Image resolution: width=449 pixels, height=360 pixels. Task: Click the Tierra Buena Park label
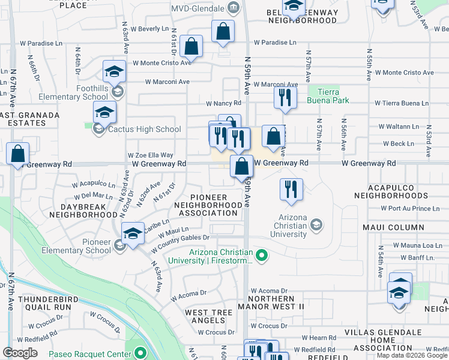point(324,96)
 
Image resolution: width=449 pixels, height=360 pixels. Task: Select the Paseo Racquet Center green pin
point(140,352)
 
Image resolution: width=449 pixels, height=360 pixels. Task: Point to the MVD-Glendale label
point(197,9)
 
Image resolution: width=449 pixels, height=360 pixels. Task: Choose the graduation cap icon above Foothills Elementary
point(114,71)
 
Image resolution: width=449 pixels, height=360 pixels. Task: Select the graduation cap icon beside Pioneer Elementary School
point(133,233)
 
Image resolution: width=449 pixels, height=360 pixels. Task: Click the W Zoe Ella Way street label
point(151,155)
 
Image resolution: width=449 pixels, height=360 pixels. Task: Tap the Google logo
point(20,353)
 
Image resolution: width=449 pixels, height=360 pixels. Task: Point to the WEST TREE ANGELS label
point(208,316)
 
